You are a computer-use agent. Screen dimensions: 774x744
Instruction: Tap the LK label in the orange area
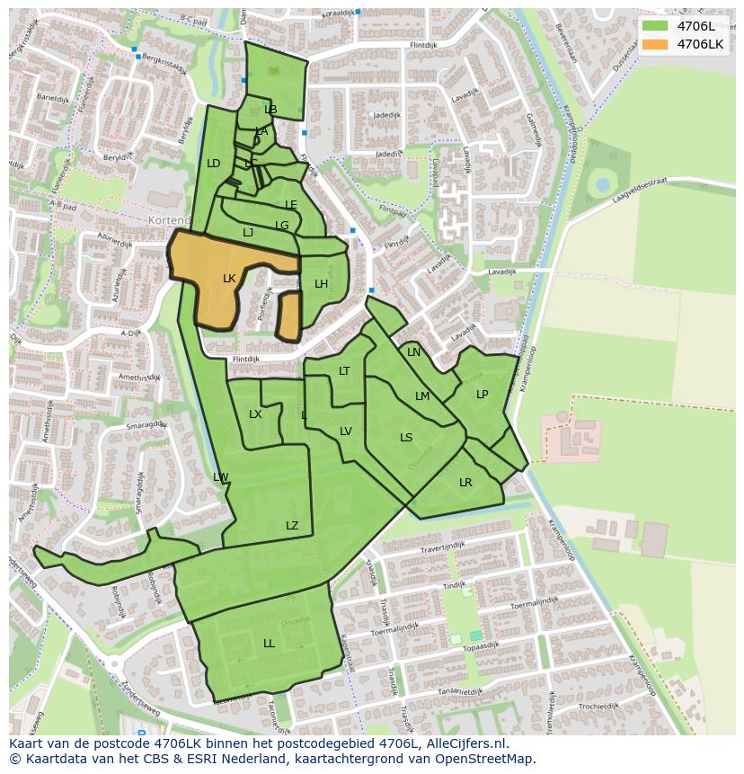coord(229,279)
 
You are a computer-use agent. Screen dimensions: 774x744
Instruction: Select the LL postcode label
coord(269,644)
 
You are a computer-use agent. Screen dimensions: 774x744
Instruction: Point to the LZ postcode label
coord(292,526)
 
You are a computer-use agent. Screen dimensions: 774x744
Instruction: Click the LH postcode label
coord(321,284)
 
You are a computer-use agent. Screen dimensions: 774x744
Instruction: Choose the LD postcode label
coord(213,164)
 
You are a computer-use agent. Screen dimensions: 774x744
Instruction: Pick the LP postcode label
coord(483,395)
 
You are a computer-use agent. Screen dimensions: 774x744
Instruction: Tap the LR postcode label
coord(465,483)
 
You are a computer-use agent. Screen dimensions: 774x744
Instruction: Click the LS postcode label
coord(406,438)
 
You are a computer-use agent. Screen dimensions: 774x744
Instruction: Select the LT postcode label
coord(344,371)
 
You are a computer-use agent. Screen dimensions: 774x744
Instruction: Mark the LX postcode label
coord(255,414)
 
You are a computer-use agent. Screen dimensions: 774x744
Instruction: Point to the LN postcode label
coord(413,352)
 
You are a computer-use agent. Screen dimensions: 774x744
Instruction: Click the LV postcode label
coord(346,431)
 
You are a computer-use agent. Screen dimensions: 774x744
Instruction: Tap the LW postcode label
coord(221,477)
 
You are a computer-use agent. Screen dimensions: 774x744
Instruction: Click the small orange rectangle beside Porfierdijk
coord(289,316)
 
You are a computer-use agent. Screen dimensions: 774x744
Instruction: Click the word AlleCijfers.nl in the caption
coord(465,743)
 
